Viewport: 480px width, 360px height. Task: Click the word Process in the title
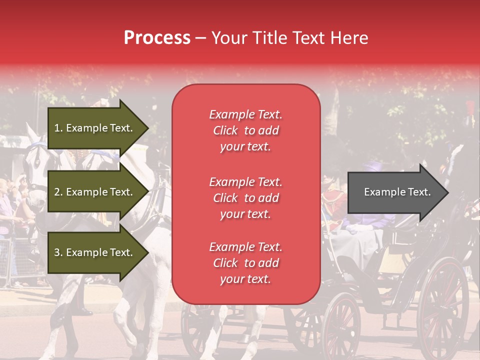pos(157,38)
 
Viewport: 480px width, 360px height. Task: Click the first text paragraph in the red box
pos(245,130)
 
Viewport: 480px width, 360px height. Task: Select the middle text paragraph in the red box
pos(245,198)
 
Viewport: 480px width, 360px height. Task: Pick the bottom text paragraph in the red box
pos(245,263)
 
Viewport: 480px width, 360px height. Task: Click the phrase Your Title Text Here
pos(290,38)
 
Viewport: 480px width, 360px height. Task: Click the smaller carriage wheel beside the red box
pos(340,325)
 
